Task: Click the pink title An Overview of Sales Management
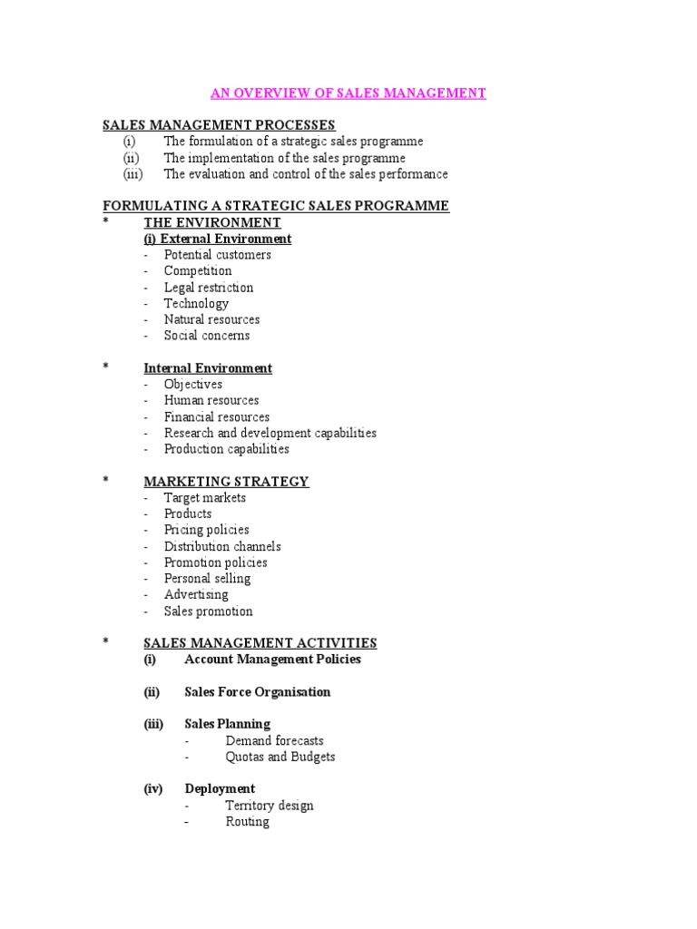[x=348, y=93]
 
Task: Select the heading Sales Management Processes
[x=219, y=125]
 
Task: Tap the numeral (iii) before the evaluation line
[x=134, y=174]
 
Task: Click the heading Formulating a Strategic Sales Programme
[x=276, y=206]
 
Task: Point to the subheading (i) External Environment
[x=218, y=239]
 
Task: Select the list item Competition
[x=198, y=270]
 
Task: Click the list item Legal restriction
[x=209, y=288]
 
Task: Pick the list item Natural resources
[x=211, y=319]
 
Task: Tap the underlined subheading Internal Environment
[x=208, y=368]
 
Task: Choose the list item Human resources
[x=211, y=400]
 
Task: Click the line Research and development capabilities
[x=270, y=433]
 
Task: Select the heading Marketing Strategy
[x=226, y=482]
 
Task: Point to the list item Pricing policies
[x=207, y=530]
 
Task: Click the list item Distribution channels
[x=222, y=546]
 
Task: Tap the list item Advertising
[x=196, y=595]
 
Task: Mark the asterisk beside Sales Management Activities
[x=105, y=642]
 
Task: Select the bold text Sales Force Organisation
[x=258, y=692]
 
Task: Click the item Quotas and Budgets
[x=280, y=757]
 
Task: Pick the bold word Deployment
[x=220, y=789]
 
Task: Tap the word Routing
[x=248, y=822]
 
